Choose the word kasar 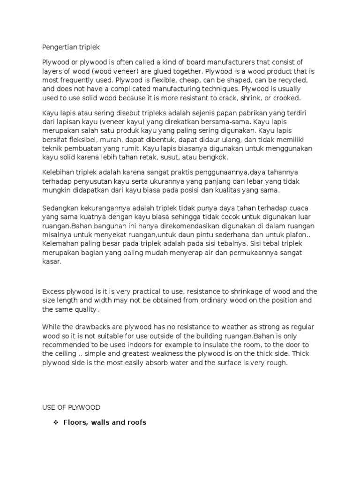tap(52, 262)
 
